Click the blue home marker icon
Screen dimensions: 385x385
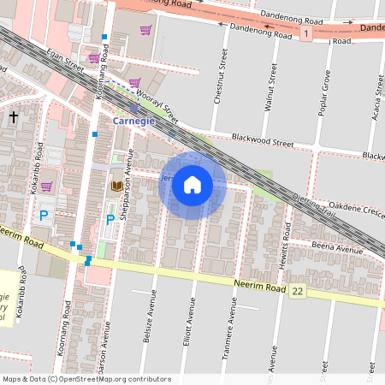click(192, 185)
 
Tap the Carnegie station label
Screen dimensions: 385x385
click(134, 122)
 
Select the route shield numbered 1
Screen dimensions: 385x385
click(305, 33)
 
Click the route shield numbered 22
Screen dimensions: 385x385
click(297, 292)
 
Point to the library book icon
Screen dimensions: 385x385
click(115, 186)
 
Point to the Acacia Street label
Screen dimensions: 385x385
click(376, 94)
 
